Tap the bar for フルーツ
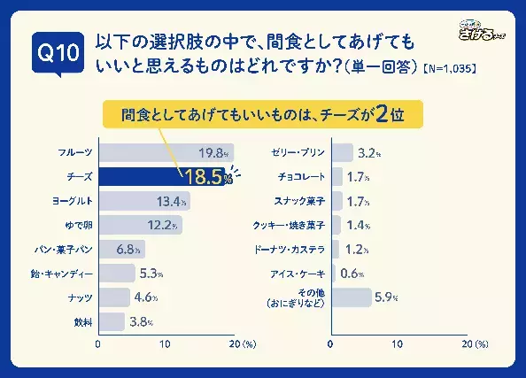[x=165, y=152]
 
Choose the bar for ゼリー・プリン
[x=342, y=152]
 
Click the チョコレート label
[x=303, y=176]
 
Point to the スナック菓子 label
[x=303, y=201]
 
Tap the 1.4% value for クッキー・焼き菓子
[x=358, y=226]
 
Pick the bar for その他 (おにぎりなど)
[x=352, y=298]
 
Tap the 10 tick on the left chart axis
[x=166, y=343]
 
